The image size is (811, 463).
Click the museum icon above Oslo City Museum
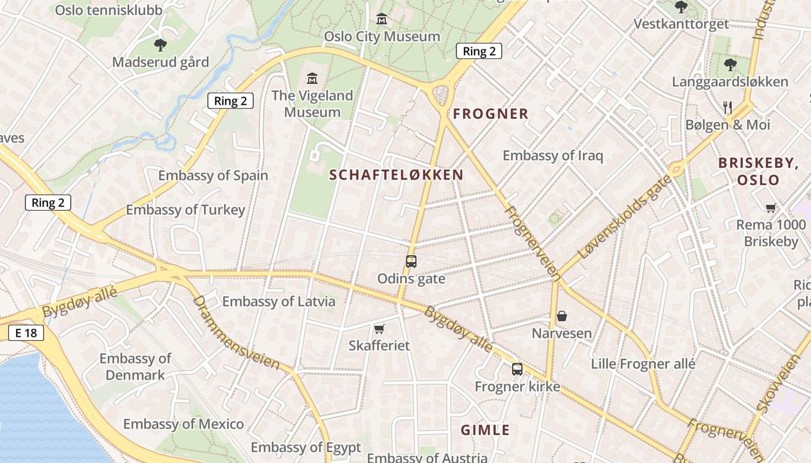(x=382, y=20)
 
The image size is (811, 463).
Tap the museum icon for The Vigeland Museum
(x=312, y=78)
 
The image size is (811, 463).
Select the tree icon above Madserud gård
(x=160, y=45)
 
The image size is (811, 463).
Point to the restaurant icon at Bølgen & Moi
(x=728, y=107)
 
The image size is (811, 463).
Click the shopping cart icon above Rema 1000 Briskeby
(x=770, y=208)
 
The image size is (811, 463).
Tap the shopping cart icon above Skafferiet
(x=379, y=329)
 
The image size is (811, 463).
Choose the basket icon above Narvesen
(x=561, y=316)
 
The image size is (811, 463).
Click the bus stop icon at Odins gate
(x=411, y=262)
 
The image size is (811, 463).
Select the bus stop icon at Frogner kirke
(x=517, y=369)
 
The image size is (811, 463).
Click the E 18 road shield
(x=25, y=333)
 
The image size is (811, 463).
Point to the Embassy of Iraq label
(x=553, y=156)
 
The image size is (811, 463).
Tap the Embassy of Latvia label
(x=279, y=302)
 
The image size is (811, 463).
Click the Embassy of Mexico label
(x=184, y=424)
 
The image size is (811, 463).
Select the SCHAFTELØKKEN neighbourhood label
(x=396, y=175)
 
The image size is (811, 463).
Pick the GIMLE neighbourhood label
(x=485, y=430)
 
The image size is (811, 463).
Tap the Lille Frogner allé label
(x=643, y=364)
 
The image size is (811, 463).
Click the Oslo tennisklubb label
(x=109, y=10)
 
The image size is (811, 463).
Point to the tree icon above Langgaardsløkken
(x=730, y=64)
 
